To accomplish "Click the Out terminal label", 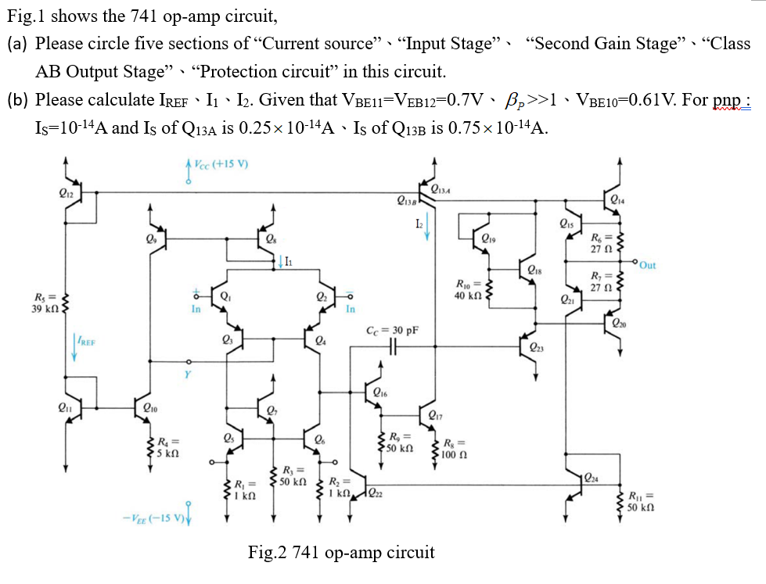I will pos(647,265).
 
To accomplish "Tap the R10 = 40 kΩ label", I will pos(470,288).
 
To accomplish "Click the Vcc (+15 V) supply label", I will pos(221,166).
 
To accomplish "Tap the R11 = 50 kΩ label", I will pos(642,500).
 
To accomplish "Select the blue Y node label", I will pos(188,374).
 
